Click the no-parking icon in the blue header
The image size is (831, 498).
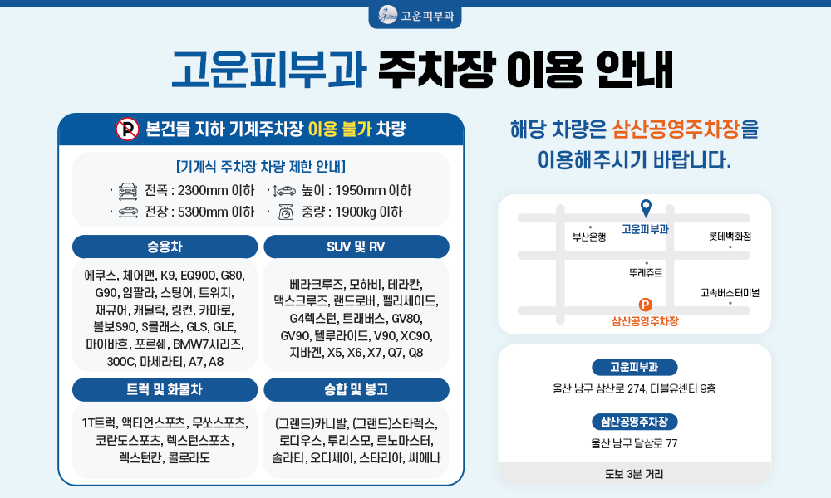click(127, 129)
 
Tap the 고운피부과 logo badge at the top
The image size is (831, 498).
click(415, 17)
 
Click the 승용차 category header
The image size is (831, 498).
click(165, 247)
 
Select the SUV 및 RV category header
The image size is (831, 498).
click(356, 247)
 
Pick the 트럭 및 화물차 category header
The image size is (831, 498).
click(165, 389)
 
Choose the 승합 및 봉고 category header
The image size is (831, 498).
click(356, 389)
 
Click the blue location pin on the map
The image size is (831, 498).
click(646, 208)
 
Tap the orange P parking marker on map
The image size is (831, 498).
click(645, 305)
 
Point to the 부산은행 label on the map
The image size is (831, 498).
click(589, 237)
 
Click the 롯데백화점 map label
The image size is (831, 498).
click(730, 236)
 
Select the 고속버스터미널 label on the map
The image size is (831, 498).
click(730, 293)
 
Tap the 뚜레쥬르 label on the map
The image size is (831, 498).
click(646, 273)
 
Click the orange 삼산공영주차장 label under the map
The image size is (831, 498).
click(645, 321)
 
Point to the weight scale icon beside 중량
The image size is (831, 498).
click(286, 212)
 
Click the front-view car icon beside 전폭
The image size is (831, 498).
click(128, 191)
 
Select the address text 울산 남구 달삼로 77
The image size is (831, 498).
click(634, 443)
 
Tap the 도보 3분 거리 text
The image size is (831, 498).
click(634, 474)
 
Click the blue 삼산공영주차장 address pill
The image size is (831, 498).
click(634, 422)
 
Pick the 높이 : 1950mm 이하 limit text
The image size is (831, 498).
click(356, 191)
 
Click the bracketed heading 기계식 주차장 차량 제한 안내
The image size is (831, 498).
click(261, 167)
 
